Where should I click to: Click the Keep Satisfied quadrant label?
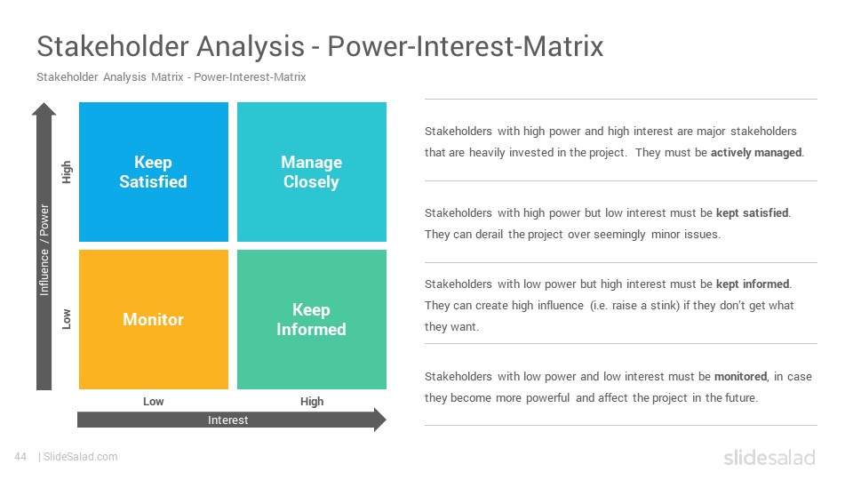click(153, 172)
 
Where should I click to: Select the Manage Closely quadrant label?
click(311, 172)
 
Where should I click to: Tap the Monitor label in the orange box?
click(153, 319)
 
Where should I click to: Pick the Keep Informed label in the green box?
click(311, 319)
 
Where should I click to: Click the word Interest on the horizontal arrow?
click(228, 420)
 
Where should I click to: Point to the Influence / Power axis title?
click(44, 250)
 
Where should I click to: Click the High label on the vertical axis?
click(67, 172)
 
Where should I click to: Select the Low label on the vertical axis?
click(67, 319)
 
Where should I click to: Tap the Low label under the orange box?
click(154, 402)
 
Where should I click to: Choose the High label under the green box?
click(312, 402)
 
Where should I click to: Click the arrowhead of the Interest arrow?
click(380, 420)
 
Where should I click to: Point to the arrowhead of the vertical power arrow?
click(44, 108)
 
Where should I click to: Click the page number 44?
click(20, 457)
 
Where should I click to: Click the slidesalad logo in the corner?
click(769, 458)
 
